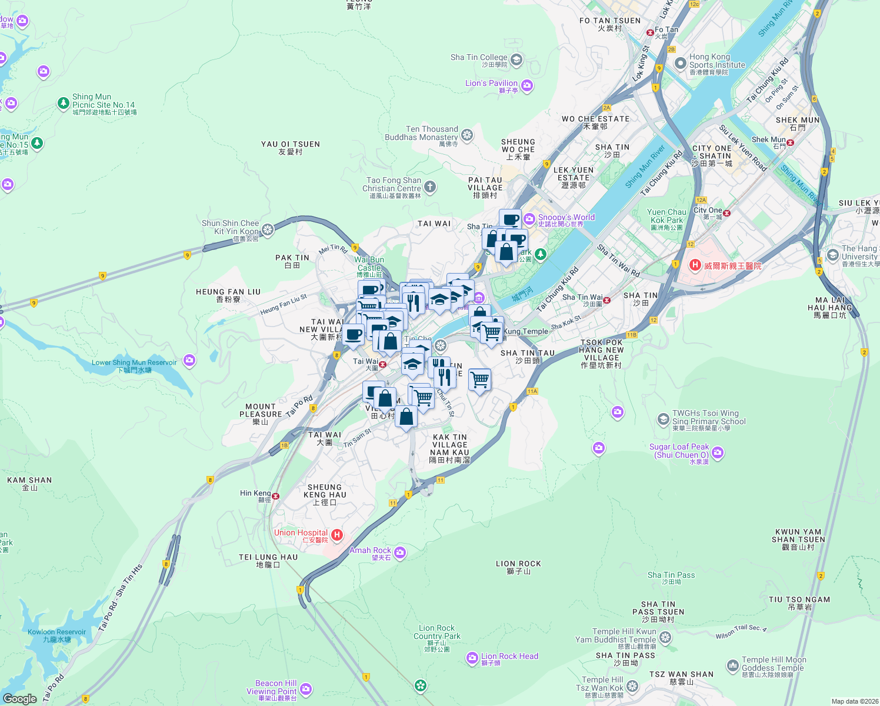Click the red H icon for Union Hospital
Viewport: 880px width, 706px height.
point(337,535)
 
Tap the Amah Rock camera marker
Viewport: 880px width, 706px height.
point(401,552)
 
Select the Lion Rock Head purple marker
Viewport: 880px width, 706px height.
point(472,658)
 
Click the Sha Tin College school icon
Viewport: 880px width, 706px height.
point(516,59)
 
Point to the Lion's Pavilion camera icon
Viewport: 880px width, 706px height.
point(527,85)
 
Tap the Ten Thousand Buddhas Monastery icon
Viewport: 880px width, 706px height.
point(467,135)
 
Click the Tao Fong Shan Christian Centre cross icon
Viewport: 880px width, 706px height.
point(430,187)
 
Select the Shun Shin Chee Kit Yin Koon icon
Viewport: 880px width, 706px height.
point(268,229)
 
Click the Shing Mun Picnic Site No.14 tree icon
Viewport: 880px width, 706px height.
point(64,104)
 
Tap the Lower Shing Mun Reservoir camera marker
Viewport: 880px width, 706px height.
point(189,360)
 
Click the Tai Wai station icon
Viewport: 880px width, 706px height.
point(383,364)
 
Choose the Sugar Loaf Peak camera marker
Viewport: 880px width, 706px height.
point(718,452)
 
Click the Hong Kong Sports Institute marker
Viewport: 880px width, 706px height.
point(680,63)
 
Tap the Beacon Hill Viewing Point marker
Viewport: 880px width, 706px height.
point(306,689)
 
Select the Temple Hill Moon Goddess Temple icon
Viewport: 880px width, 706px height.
point(732,665)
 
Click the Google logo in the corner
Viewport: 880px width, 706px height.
point(19,698)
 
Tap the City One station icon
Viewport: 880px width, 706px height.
point(727,213)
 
